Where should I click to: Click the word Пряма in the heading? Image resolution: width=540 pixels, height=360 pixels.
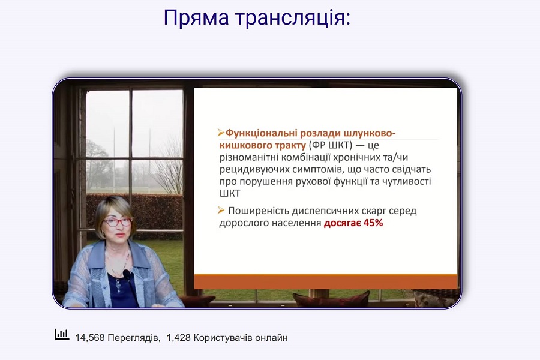coord(196,17)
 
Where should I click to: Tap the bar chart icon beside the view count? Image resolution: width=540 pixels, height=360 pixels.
coord(62,334)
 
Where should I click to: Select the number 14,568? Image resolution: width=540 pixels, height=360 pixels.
coord(90,338)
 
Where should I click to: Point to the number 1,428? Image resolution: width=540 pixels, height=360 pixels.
coord(179,338)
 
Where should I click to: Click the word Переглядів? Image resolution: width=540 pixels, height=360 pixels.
coord(134,338)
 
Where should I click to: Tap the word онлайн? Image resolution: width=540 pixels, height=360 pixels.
coord(271,338)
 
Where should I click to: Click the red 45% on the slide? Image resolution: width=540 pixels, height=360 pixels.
coord(373,223)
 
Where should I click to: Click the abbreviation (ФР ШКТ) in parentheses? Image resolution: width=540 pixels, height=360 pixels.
coord(331,145)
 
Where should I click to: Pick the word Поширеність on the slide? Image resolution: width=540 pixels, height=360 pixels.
coord(258,211)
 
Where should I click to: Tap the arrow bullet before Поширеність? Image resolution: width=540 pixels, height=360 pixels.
coord(221,210)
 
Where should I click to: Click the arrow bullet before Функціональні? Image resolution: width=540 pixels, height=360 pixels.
coord(221,132)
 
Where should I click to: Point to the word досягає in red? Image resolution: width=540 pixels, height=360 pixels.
coord(343,223)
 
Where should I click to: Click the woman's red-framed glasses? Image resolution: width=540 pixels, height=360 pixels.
coord(118,222)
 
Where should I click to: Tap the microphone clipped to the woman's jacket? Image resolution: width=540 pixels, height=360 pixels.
coord(127,275)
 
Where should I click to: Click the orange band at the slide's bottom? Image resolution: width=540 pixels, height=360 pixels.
coord(326,281)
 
